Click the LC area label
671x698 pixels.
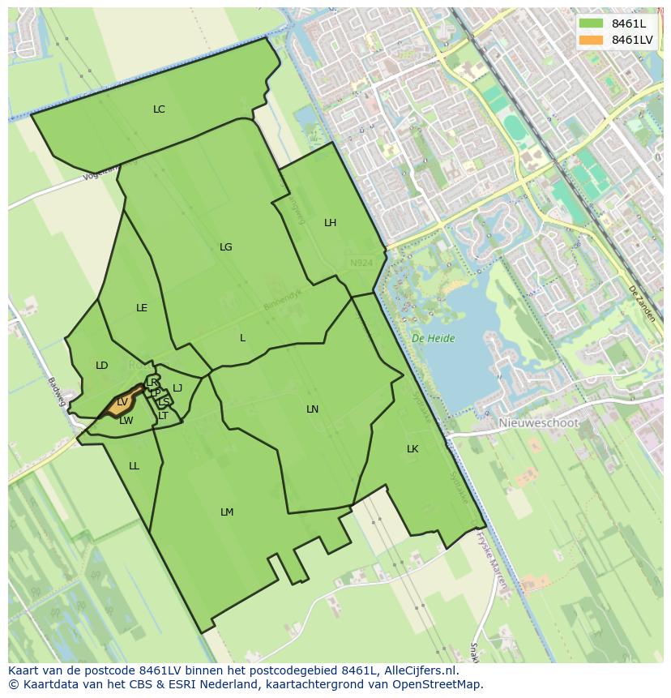[x=159, y=109]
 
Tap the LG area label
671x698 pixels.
[x=225, y=247]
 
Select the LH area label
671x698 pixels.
[x=330, y=223]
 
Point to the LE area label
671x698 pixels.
[x=142, y=308]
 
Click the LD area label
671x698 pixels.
[x=101, y=366]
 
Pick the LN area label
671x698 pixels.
[x=312, y=409]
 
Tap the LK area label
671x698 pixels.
[x=412, y=449]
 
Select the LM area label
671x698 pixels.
[x=227, y=512]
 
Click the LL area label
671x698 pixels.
[x=134, y=466]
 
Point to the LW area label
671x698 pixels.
[x=126, y=421]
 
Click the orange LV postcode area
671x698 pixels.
[x=120, y=403]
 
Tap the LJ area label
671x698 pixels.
[x=177, y=388]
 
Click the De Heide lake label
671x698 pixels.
[x=433, y=339]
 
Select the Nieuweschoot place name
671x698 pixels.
[x=538, y=423]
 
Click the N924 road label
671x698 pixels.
[x=361, y=263]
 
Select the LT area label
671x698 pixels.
[x=163, y=416]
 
